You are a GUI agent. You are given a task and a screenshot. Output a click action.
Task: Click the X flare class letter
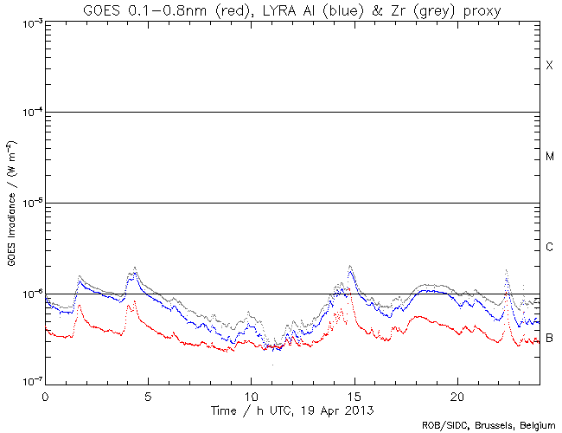pos(549,66)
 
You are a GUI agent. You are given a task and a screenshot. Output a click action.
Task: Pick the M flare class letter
pos(549,157)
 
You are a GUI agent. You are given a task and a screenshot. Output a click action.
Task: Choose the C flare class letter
pos(549,248)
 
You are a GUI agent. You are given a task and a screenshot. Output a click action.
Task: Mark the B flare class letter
pos(549,337)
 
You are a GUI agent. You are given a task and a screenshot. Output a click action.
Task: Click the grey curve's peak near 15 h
pos(350,266)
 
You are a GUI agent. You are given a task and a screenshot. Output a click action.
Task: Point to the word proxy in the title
pos(481,10)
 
